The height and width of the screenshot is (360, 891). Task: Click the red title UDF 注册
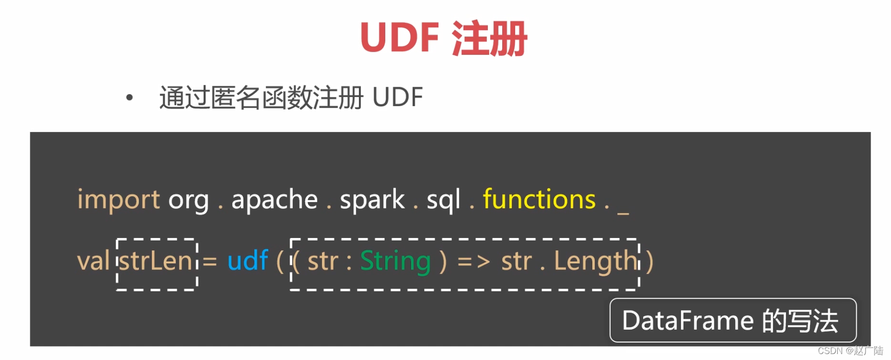(443, 38)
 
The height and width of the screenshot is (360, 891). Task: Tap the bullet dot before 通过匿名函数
(129, 98)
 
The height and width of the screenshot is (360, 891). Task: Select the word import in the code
(118, 200)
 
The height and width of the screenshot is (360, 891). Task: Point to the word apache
(274, 200)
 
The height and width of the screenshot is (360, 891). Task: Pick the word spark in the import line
(372, 200)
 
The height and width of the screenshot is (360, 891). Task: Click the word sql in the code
(443, 200)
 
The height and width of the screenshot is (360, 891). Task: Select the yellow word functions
(539, 200)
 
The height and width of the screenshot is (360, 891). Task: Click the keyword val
(93, 261)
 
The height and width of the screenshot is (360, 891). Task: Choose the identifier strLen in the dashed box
(155, 261)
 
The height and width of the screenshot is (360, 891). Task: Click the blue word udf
(248, 260)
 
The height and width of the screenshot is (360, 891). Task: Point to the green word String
(395, 261)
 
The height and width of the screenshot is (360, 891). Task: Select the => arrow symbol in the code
(474, 261)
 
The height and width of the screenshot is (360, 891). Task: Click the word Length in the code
(595, 261)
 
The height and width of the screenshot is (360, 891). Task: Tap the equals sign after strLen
(210, 261)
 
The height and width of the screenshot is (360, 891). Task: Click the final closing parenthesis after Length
(649, 261)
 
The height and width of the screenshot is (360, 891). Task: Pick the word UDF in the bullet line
(397, 97)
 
